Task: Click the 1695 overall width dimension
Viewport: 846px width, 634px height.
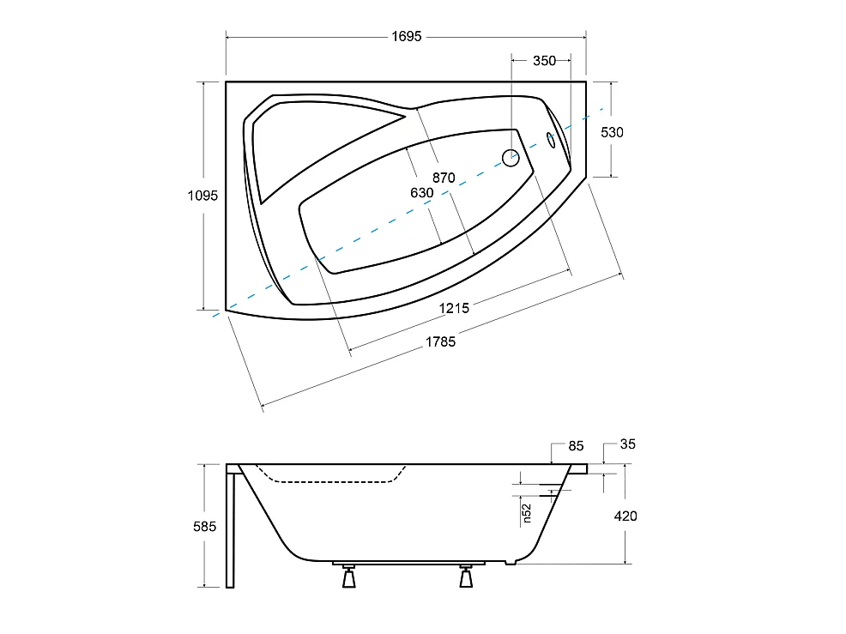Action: pos(406,37)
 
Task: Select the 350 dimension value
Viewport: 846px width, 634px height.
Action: pos(543,60)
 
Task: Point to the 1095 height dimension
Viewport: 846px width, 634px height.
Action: pos(203,195)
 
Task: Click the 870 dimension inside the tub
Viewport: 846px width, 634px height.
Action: pos(443,178)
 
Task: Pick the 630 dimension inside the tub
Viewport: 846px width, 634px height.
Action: pos(421,193)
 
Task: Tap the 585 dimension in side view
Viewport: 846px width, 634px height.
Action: pos(203,525)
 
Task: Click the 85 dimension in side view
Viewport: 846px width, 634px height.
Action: pos(576,445)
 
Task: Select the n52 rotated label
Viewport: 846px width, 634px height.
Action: pos(528,513)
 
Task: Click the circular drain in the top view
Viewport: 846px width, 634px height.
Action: pos(511,157)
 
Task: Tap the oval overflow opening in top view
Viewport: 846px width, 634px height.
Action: pos(552,140)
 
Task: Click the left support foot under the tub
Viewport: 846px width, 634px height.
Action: pos(347,577)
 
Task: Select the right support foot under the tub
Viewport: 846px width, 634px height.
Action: pos(466,577)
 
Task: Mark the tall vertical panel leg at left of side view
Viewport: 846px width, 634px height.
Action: pos(230,528)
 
